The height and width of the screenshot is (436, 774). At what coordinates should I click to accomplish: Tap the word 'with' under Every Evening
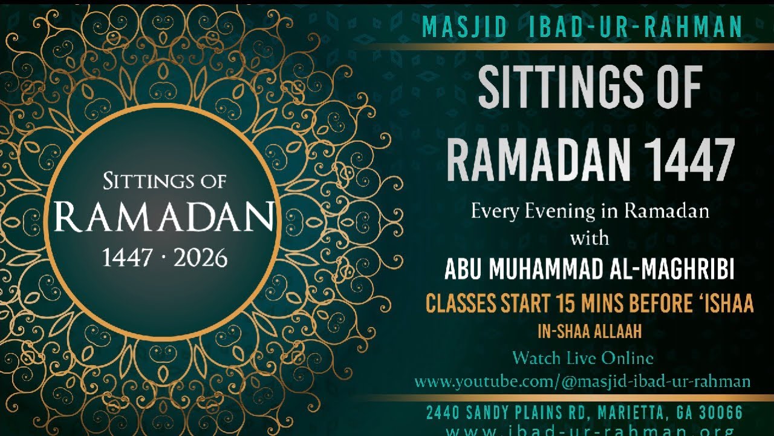pos(590,238)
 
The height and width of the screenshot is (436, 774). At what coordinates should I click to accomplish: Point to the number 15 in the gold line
pos(560,304)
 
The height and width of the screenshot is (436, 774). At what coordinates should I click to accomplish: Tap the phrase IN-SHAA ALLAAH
pos(590,332)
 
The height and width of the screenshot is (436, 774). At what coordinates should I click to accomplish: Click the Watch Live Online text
pos(582,358)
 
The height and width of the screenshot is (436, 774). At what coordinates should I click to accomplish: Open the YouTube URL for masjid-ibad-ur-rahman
pos(582,381)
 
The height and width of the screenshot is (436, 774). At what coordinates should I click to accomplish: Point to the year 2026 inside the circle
pos(200,259)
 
